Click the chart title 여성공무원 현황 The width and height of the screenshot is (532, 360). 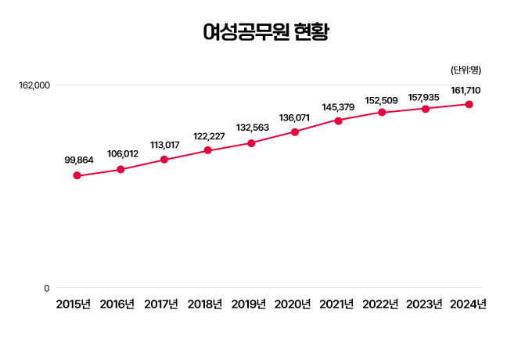(266, 32)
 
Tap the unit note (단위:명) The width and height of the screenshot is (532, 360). (465, 70)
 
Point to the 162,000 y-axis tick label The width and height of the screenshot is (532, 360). (34, 85)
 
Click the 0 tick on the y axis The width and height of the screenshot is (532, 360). (47, 288)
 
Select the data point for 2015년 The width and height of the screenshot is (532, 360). (77, 176)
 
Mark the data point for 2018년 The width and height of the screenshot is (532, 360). (207, 150)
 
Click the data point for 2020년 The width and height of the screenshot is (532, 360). (295, 132)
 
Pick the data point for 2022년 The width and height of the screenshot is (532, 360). (382, 113)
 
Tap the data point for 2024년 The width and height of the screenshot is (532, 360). (469, 104)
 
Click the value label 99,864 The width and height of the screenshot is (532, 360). (79, 160)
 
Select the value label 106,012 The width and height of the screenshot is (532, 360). (123, 153)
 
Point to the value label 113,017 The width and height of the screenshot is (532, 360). (164, 144)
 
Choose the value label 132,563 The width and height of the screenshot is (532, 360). (252, 127)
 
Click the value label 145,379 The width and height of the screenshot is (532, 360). (338, 106)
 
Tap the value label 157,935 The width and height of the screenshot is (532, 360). (424, 97)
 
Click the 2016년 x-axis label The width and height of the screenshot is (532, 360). (117, 304)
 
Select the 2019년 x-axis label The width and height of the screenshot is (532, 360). (249, 304)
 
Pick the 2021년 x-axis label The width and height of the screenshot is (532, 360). (336, 304)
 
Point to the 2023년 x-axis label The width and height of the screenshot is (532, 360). (424, 304)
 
